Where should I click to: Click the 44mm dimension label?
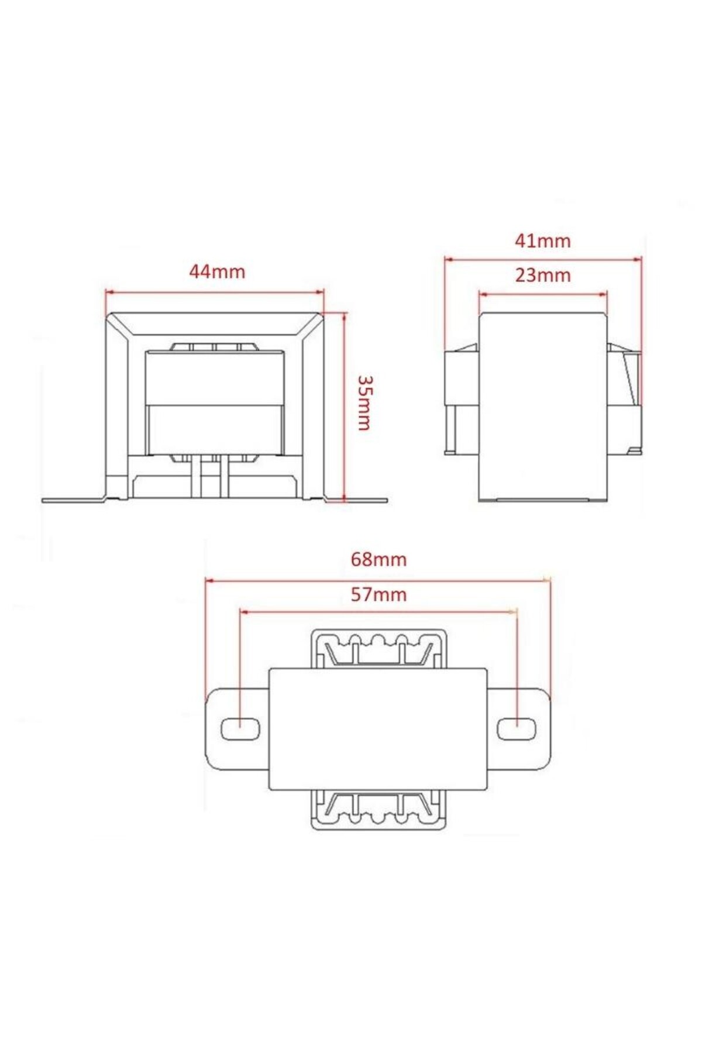point(217,272)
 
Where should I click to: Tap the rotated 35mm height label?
point(363,403)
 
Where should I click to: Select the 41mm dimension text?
point(542,241)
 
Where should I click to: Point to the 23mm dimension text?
point(542,275)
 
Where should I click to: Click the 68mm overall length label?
point(378,559)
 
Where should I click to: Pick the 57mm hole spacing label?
point(378,594)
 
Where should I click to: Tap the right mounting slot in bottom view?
point(517,729)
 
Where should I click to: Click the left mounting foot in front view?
point(73,500)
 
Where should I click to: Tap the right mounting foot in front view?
point(357,500)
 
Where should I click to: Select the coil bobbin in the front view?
point(215,404)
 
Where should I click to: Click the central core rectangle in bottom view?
point(378,729)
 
